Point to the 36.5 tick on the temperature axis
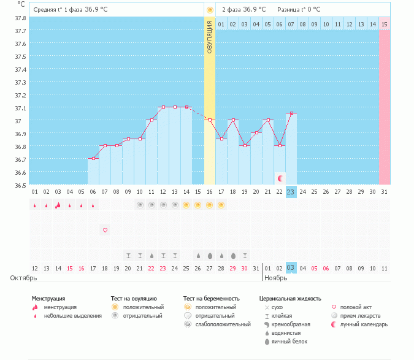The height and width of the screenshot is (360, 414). pos(20,185)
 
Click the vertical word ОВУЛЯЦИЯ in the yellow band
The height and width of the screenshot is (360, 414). pos(210,37)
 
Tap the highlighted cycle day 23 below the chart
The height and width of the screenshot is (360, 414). pos(291,191)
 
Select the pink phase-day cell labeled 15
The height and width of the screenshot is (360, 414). pos(385,24)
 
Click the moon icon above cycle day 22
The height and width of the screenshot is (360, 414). pos(280,178)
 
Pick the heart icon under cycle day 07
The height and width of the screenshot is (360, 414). pos(105,230)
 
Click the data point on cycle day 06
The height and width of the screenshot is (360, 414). pos(93,159)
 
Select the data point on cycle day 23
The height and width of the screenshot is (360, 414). pos(291,113)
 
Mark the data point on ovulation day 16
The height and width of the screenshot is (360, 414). pos(210,120)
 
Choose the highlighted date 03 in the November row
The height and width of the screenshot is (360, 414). pos(291,268)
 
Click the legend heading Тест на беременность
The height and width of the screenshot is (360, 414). pos(211,299)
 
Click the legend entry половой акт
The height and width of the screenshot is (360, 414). pos(358,307)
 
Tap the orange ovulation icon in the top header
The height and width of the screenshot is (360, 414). pos(210,10)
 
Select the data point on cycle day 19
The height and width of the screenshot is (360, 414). pos(245,145)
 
